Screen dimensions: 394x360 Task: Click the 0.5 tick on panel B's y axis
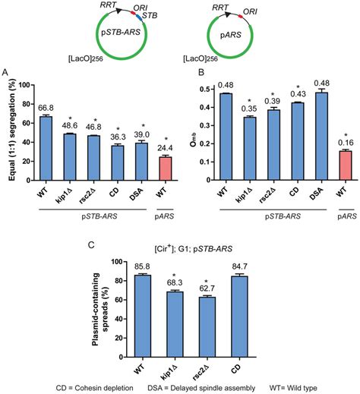pyautogui.click(x=209, y=90)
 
